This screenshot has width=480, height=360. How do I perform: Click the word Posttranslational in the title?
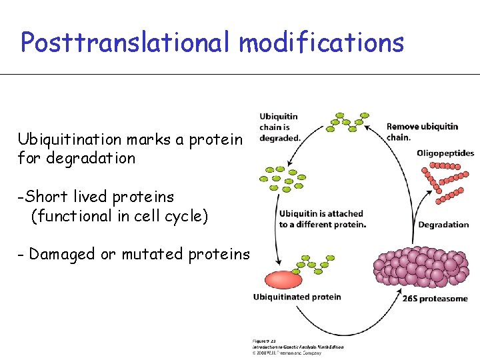127,43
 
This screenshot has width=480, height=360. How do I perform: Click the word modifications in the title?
321,43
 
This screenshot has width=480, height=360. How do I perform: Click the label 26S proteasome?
435,299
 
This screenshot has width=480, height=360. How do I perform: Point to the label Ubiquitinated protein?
297,297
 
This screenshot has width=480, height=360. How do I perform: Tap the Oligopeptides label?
445,153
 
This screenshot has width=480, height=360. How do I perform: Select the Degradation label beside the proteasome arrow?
443,225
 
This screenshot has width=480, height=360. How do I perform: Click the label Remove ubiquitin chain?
422,131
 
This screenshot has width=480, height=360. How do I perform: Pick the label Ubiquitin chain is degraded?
279,127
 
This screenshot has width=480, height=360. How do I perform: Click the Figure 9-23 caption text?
263,341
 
